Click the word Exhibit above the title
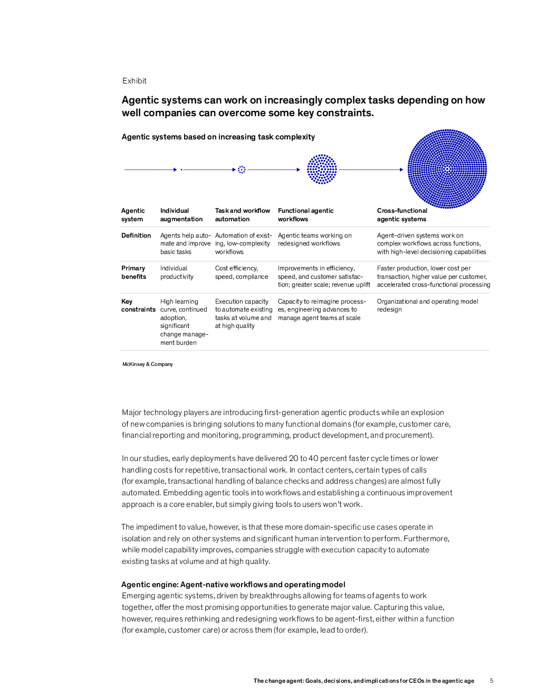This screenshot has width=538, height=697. tap(134, 81)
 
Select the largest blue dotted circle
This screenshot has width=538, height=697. tap(447, 169)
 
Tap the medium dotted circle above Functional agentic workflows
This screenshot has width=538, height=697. tap(322, 169)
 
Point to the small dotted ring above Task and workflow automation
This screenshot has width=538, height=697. tap(242, 169)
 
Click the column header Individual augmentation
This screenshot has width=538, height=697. tap(181, 215)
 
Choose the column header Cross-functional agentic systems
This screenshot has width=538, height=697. tap(402, 215)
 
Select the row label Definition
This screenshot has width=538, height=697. tap(136, 236)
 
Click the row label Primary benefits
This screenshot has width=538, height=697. tap(133, 272)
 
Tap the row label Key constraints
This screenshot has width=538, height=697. tap(138, 306)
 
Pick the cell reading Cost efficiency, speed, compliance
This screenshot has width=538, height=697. tap(242, 272)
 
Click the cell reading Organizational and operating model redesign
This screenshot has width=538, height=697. tap(427, 305)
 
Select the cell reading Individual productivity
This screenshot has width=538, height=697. tap(177, 272)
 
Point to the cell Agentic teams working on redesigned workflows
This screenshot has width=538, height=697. tap(314, 239)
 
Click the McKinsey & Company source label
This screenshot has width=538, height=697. tap(148, 364)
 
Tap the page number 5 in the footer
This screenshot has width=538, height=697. tap(492, 681)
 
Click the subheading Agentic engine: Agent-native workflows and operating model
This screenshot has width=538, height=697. tap(233, 585)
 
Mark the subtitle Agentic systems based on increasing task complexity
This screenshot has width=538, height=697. tap(218, 137)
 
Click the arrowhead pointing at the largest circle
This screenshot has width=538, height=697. tap(401, 169)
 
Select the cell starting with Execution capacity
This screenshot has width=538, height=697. tap(243, 314)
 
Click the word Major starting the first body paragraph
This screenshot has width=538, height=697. tap(132, 412)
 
